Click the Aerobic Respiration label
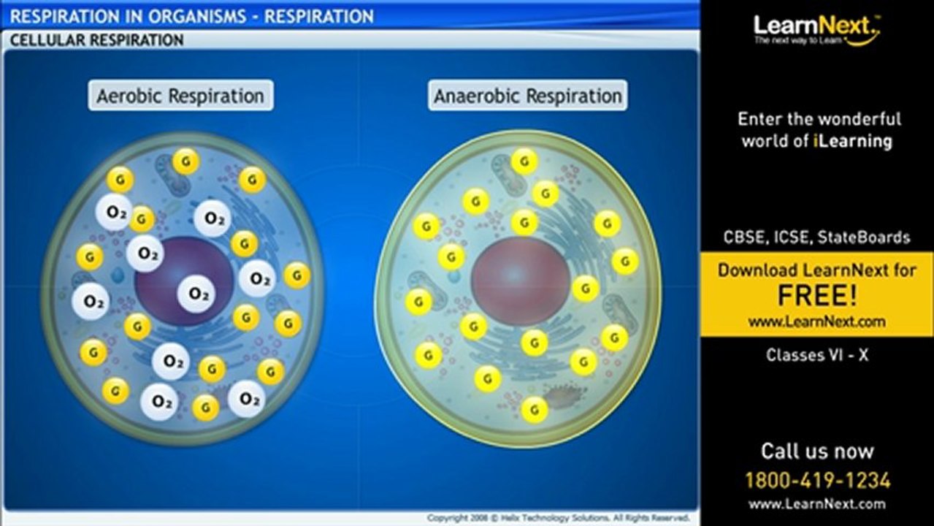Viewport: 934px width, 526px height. click(180, 96)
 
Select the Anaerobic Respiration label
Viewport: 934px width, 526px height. click(527, 96)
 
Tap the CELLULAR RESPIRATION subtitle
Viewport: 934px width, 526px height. click(96, 40)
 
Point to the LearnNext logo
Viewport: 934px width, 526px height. click(816, 29)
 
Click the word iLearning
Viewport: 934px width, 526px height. click(853, 141)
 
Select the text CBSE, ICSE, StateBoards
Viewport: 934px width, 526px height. click(816, 237)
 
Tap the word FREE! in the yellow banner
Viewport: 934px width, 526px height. click(816, 296)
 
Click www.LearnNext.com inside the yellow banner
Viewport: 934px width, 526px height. click(816, 321)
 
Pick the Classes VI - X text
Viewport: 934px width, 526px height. click(816, 355)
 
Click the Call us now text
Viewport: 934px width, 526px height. click(816, 451)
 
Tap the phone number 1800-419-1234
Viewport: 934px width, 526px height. click(816, 480)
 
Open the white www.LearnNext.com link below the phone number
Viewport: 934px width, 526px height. click(816, 503)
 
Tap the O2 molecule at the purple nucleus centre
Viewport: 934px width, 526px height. click(197, 294)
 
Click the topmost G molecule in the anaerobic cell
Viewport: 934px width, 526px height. click(524, 161)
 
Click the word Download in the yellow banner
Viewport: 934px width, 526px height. click(759, 270)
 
